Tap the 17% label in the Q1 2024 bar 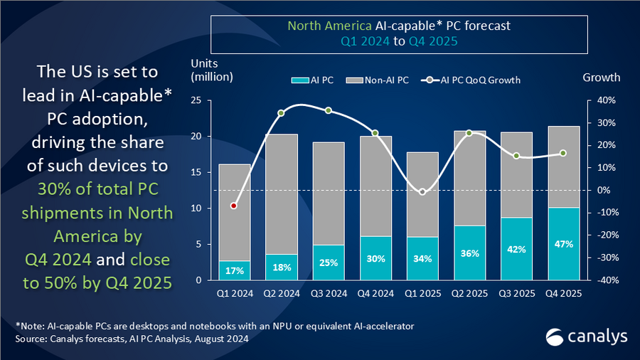[234, 270]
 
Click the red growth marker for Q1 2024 [234, 206]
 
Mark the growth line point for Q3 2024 [328, 110]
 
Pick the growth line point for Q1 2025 [422, 192]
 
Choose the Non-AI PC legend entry [380, 80]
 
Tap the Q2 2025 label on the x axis [469, 292]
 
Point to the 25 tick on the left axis [198, 100]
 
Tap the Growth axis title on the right [601, 77]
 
